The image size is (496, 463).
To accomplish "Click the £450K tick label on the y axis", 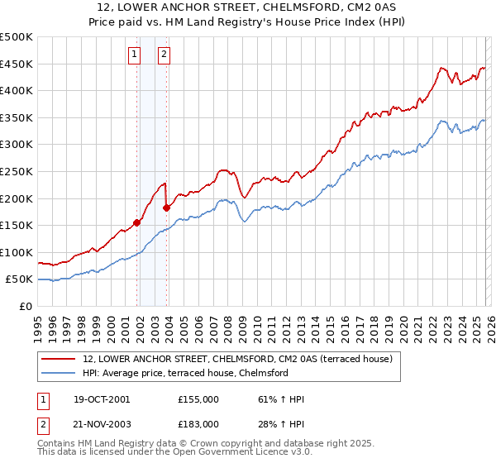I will (17, 64).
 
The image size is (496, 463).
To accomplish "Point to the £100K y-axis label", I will (17, 252).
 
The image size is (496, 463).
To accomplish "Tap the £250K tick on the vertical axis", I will (17, 171).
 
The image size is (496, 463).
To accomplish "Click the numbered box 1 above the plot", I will (134, 55).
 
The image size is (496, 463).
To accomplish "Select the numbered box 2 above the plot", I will (165, 55).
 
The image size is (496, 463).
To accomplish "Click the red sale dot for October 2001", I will (136, 222).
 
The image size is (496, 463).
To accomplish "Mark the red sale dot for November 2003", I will (167, 207).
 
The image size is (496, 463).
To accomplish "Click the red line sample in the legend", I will (58, 359).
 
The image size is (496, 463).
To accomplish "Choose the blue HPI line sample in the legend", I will (58, 373).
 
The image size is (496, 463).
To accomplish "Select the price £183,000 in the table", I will (198, 423).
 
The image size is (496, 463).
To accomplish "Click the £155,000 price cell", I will (198, 399).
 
